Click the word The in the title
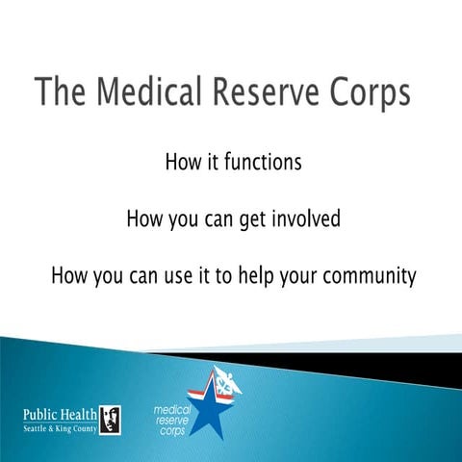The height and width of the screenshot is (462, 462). (x=58, y=93)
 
